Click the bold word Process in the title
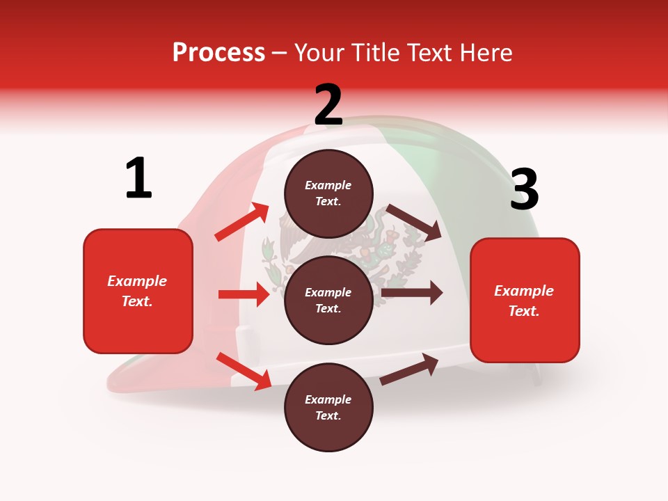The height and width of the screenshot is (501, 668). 218,52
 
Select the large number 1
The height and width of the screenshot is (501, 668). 138,178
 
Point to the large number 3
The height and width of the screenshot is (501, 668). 525,189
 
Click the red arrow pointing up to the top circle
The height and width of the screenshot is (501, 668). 242,222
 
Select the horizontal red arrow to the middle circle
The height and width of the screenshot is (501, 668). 244,294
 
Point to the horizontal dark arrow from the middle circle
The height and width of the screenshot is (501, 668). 412,292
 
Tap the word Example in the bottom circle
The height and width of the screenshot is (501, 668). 328,399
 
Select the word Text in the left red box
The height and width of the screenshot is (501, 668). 136,301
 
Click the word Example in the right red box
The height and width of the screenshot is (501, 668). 524,291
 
